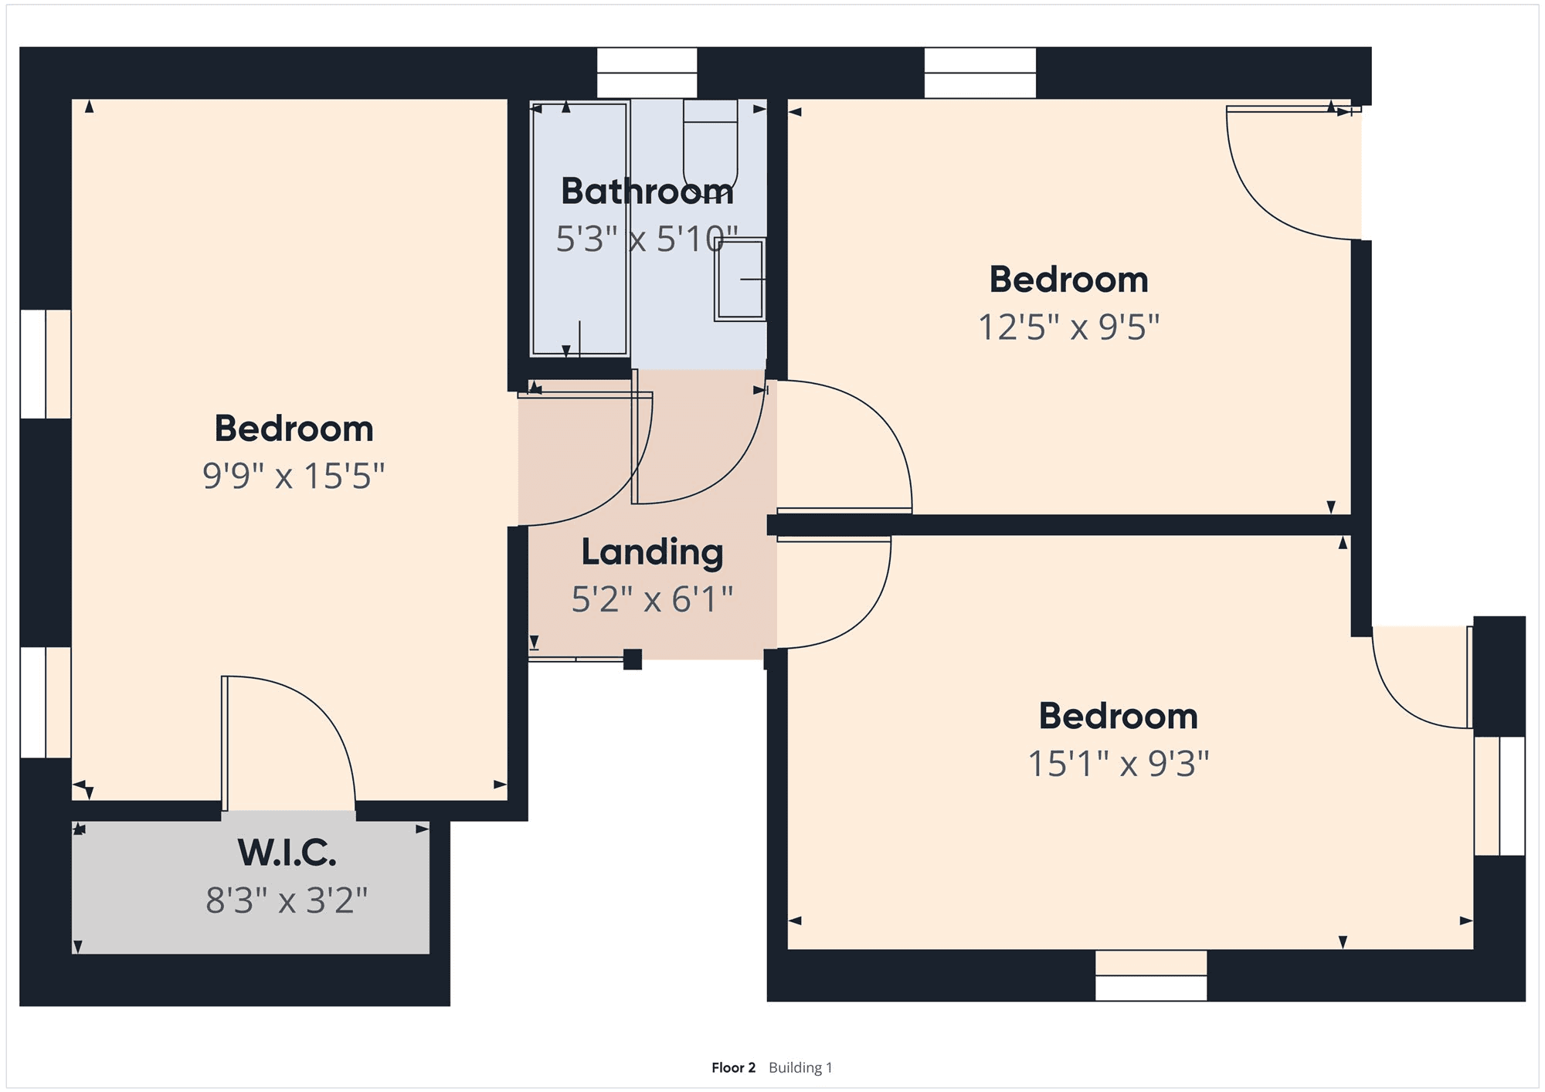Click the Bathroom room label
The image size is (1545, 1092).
click(647, 192)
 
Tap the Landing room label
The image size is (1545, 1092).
click(652, 553)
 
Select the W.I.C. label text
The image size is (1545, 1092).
click(287, 853)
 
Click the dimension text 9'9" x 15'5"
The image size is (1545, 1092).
click(294, 476)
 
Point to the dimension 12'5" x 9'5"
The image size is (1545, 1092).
click(1069, 327)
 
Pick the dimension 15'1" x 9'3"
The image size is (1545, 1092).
click(1119, 764)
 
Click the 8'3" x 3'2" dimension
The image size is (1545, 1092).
click(287, 900)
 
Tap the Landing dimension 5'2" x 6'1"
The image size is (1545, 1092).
click(652, 599)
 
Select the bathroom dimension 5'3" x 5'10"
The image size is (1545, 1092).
click(647, 239)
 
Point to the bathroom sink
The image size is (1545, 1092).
click(740, 280)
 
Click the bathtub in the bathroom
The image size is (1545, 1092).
click(579, 229)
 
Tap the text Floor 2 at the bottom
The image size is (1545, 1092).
click(733, 1067)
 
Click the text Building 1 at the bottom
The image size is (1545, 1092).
click(800, 1067)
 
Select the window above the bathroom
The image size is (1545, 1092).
click(647, 73)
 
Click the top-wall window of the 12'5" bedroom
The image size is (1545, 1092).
click(980, 73)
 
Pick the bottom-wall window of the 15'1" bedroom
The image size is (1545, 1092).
click(1151, 975)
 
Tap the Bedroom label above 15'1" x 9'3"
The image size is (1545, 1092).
click(1119, 716)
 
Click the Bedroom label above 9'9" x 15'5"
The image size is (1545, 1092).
click(294, 429)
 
